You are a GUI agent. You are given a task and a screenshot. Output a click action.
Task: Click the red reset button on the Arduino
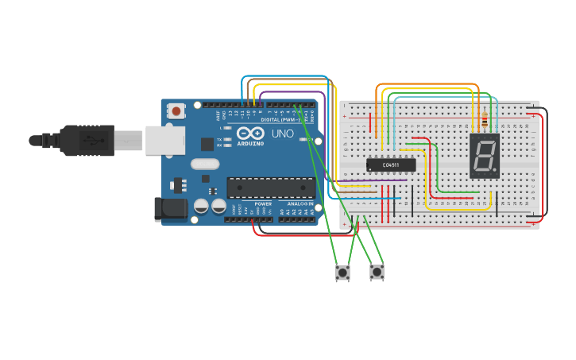click(176, 111)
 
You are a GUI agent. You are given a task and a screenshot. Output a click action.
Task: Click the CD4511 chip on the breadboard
click(391, 165)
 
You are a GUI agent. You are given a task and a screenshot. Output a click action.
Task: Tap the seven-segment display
click(484, 155)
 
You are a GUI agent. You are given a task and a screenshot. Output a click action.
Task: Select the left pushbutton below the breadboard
click(342, 273)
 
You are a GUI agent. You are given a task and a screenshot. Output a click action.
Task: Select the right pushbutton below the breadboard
click(377, 273)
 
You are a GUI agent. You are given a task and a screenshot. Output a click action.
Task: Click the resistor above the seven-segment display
click(485, 120)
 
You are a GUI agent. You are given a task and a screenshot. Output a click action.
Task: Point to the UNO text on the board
click(283, 134)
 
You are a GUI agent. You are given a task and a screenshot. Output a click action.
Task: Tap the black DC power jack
click(170, 209)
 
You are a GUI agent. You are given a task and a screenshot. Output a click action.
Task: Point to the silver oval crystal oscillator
click(204, 165)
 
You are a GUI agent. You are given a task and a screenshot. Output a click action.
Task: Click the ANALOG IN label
click(300, 204)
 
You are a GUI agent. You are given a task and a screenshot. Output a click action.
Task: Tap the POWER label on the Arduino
click(263, 204)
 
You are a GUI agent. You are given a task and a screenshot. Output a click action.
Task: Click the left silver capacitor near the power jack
click(201, 206)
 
